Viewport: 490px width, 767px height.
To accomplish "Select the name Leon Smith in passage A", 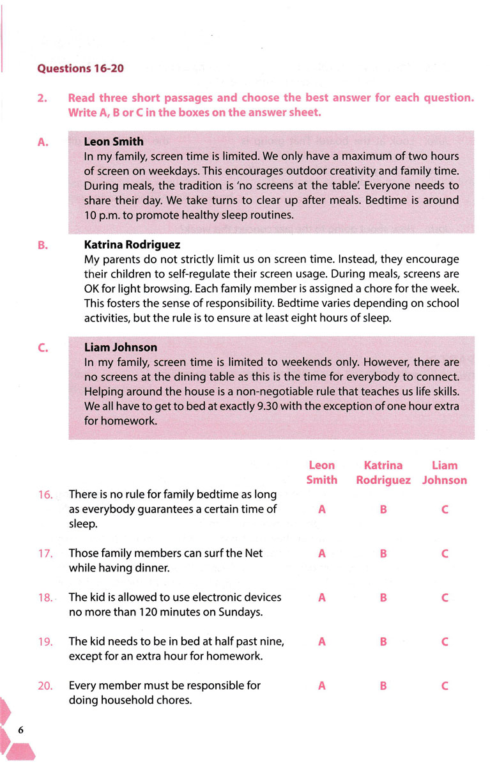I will tap(114, 142).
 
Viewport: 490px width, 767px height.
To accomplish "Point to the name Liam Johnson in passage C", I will tap(121, 348).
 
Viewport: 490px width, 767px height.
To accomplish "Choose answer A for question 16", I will tap(321, 510).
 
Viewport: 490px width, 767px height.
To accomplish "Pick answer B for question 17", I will tap(383, 554).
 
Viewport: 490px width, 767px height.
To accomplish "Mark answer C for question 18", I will tap(445, 598).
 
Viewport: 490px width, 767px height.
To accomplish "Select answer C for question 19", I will tap(445, 642).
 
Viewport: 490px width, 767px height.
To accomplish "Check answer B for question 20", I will tap(383, 686).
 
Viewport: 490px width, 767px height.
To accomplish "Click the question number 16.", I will tap(45, 494).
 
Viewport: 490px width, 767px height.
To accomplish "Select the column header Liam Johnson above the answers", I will tap(445, 472).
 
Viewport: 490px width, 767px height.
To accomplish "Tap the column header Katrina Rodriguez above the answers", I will tap(383, 472).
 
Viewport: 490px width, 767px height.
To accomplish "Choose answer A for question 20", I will tap(321, 686).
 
